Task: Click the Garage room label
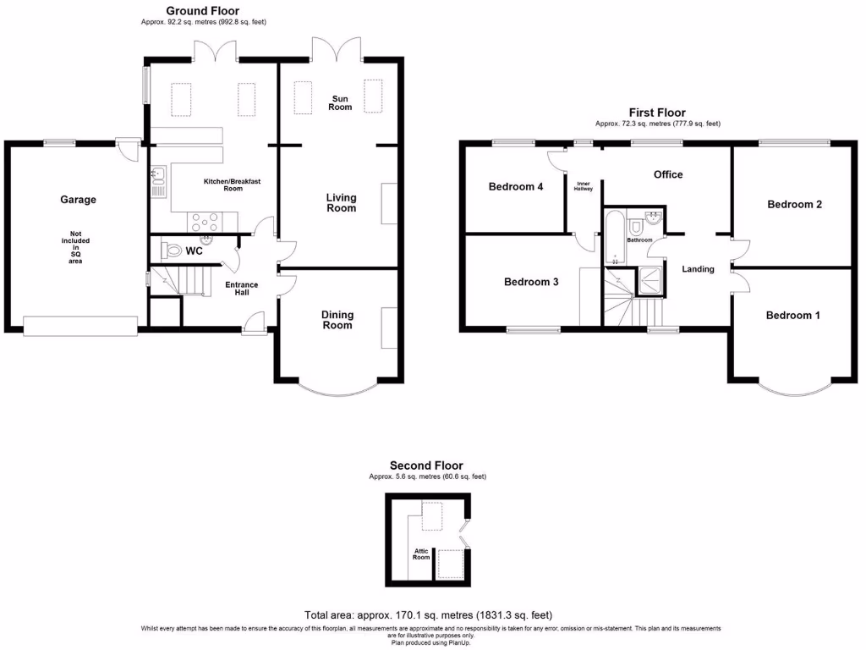[78, 200]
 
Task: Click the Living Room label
[342, 202]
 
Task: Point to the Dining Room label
[337, 319]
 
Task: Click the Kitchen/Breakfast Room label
[222, 185]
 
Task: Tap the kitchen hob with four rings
[206, 222]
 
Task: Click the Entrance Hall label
[241, 289]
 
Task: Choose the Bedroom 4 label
[516, 187]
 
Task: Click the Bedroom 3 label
[531, 282]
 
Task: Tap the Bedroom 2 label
[794, 204]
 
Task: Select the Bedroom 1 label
[792, 316]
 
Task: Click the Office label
[668, 174]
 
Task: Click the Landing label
[699, 269]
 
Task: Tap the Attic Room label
[421, 554]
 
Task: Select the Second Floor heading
[426, 465]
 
